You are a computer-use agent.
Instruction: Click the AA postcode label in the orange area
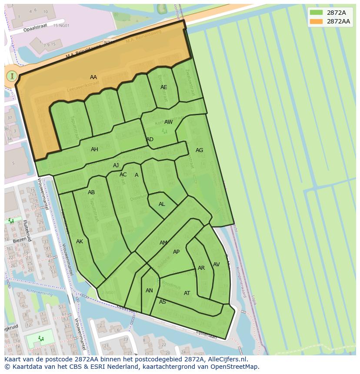(93, 77)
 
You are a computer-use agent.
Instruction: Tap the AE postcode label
(163, 87)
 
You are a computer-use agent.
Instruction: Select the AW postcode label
(168, 122)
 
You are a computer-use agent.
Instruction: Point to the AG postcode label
(199, 150)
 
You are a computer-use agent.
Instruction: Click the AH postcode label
(94, 149)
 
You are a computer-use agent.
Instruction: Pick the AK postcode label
(80, 242)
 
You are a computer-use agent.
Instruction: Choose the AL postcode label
(162, 204)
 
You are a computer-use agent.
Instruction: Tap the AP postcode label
(176, 252)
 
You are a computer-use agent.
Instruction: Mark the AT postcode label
(187, 293)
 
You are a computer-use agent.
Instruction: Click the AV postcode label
(216, 265)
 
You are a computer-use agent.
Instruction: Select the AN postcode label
(149, 291)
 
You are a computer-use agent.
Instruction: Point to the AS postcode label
(162, 302)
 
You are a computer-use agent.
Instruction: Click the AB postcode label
(91, 192)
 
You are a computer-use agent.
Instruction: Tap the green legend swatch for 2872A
(317, 13)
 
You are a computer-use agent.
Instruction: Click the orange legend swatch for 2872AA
(317, 21)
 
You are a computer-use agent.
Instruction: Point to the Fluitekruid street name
(27, 231)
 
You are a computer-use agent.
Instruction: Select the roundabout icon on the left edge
(12, 76)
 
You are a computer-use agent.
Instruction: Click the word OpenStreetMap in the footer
(235, 367)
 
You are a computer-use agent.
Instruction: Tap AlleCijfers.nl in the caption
(227, 359)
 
